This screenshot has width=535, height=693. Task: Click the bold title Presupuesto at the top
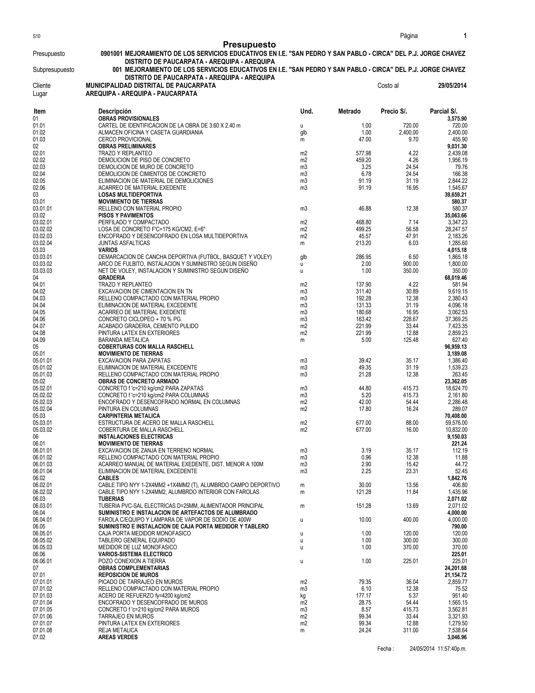(x=249, y=44)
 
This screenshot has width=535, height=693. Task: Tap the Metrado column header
(x=349, y=111)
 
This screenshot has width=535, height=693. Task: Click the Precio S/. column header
(x=394, y=111)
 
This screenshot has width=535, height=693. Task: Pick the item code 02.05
(x=39, y=181)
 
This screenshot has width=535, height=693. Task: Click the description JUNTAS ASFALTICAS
(x=124, y=243)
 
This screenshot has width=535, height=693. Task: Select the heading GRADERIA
(x=112, y=278)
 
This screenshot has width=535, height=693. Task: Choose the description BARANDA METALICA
(x=123, y=340)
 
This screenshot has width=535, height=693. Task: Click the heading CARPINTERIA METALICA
(x=129, y=416)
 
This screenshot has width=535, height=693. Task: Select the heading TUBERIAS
(x=111, y=499)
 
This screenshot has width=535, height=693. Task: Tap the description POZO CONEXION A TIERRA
(x=132, y=561)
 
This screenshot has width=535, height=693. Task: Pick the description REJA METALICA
(x=118, y=630)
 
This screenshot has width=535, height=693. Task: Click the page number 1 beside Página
(x=465, y=36)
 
